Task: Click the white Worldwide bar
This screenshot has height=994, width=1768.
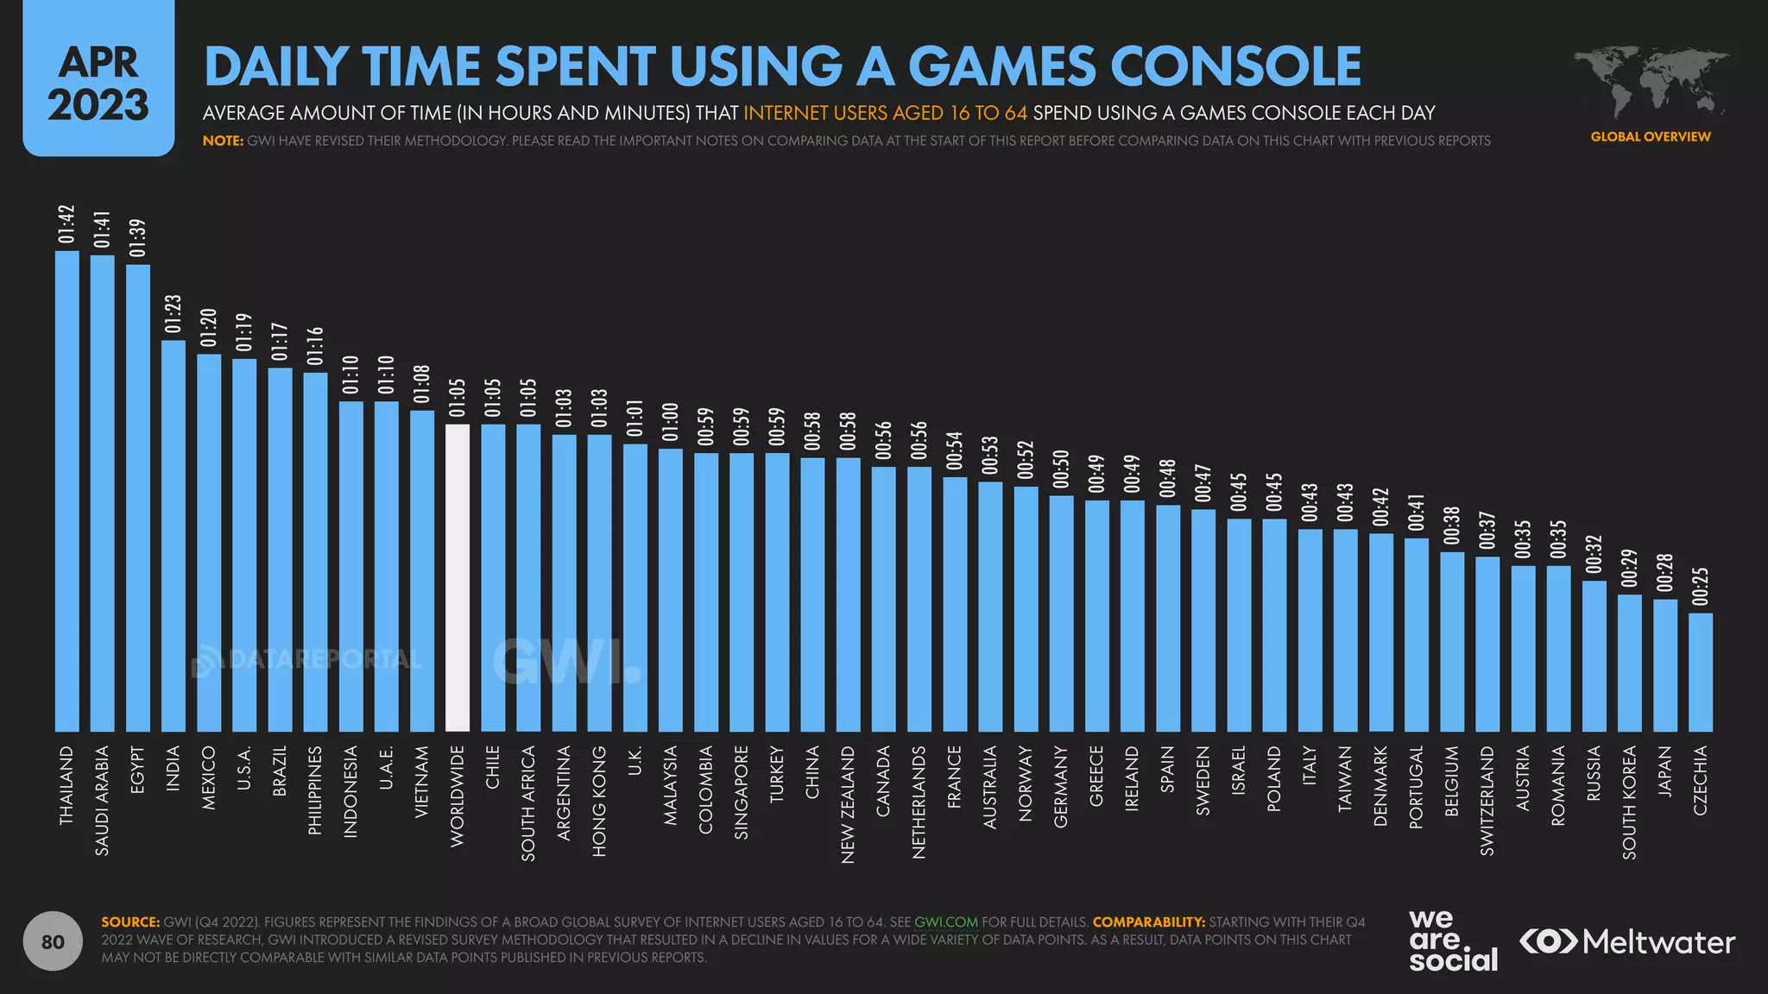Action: (458, 578)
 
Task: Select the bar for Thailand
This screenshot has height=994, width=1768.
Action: (67, 492)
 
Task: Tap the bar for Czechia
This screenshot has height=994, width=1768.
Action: (1701, 673)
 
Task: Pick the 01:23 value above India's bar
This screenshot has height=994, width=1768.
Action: (174, 314)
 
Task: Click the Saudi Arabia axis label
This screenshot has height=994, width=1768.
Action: (103, 800)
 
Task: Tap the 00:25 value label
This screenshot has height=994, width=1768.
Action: (1701, 587)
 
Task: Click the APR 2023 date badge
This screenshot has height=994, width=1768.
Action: (98, 83)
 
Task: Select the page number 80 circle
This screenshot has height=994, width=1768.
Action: (53, 941)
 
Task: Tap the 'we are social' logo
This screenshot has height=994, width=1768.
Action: (1453, 941)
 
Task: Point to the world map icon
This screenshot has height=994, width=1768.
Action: (1651, 82)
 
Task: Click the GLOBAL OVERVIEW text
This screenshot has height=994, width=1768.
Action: (1651, 136)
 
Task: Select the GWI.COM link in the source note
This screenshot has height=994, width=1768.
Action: (945, 922)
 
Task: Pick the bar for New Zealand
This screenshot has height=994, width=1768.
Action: (849, 595)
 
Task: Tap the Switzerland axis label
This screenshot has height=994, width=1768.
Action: (1487, 800)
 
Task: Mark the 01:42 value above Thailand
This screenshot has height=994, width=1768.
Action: (67, 224)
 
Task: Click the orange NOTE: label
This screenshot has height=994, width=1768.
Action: (224, 141)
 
